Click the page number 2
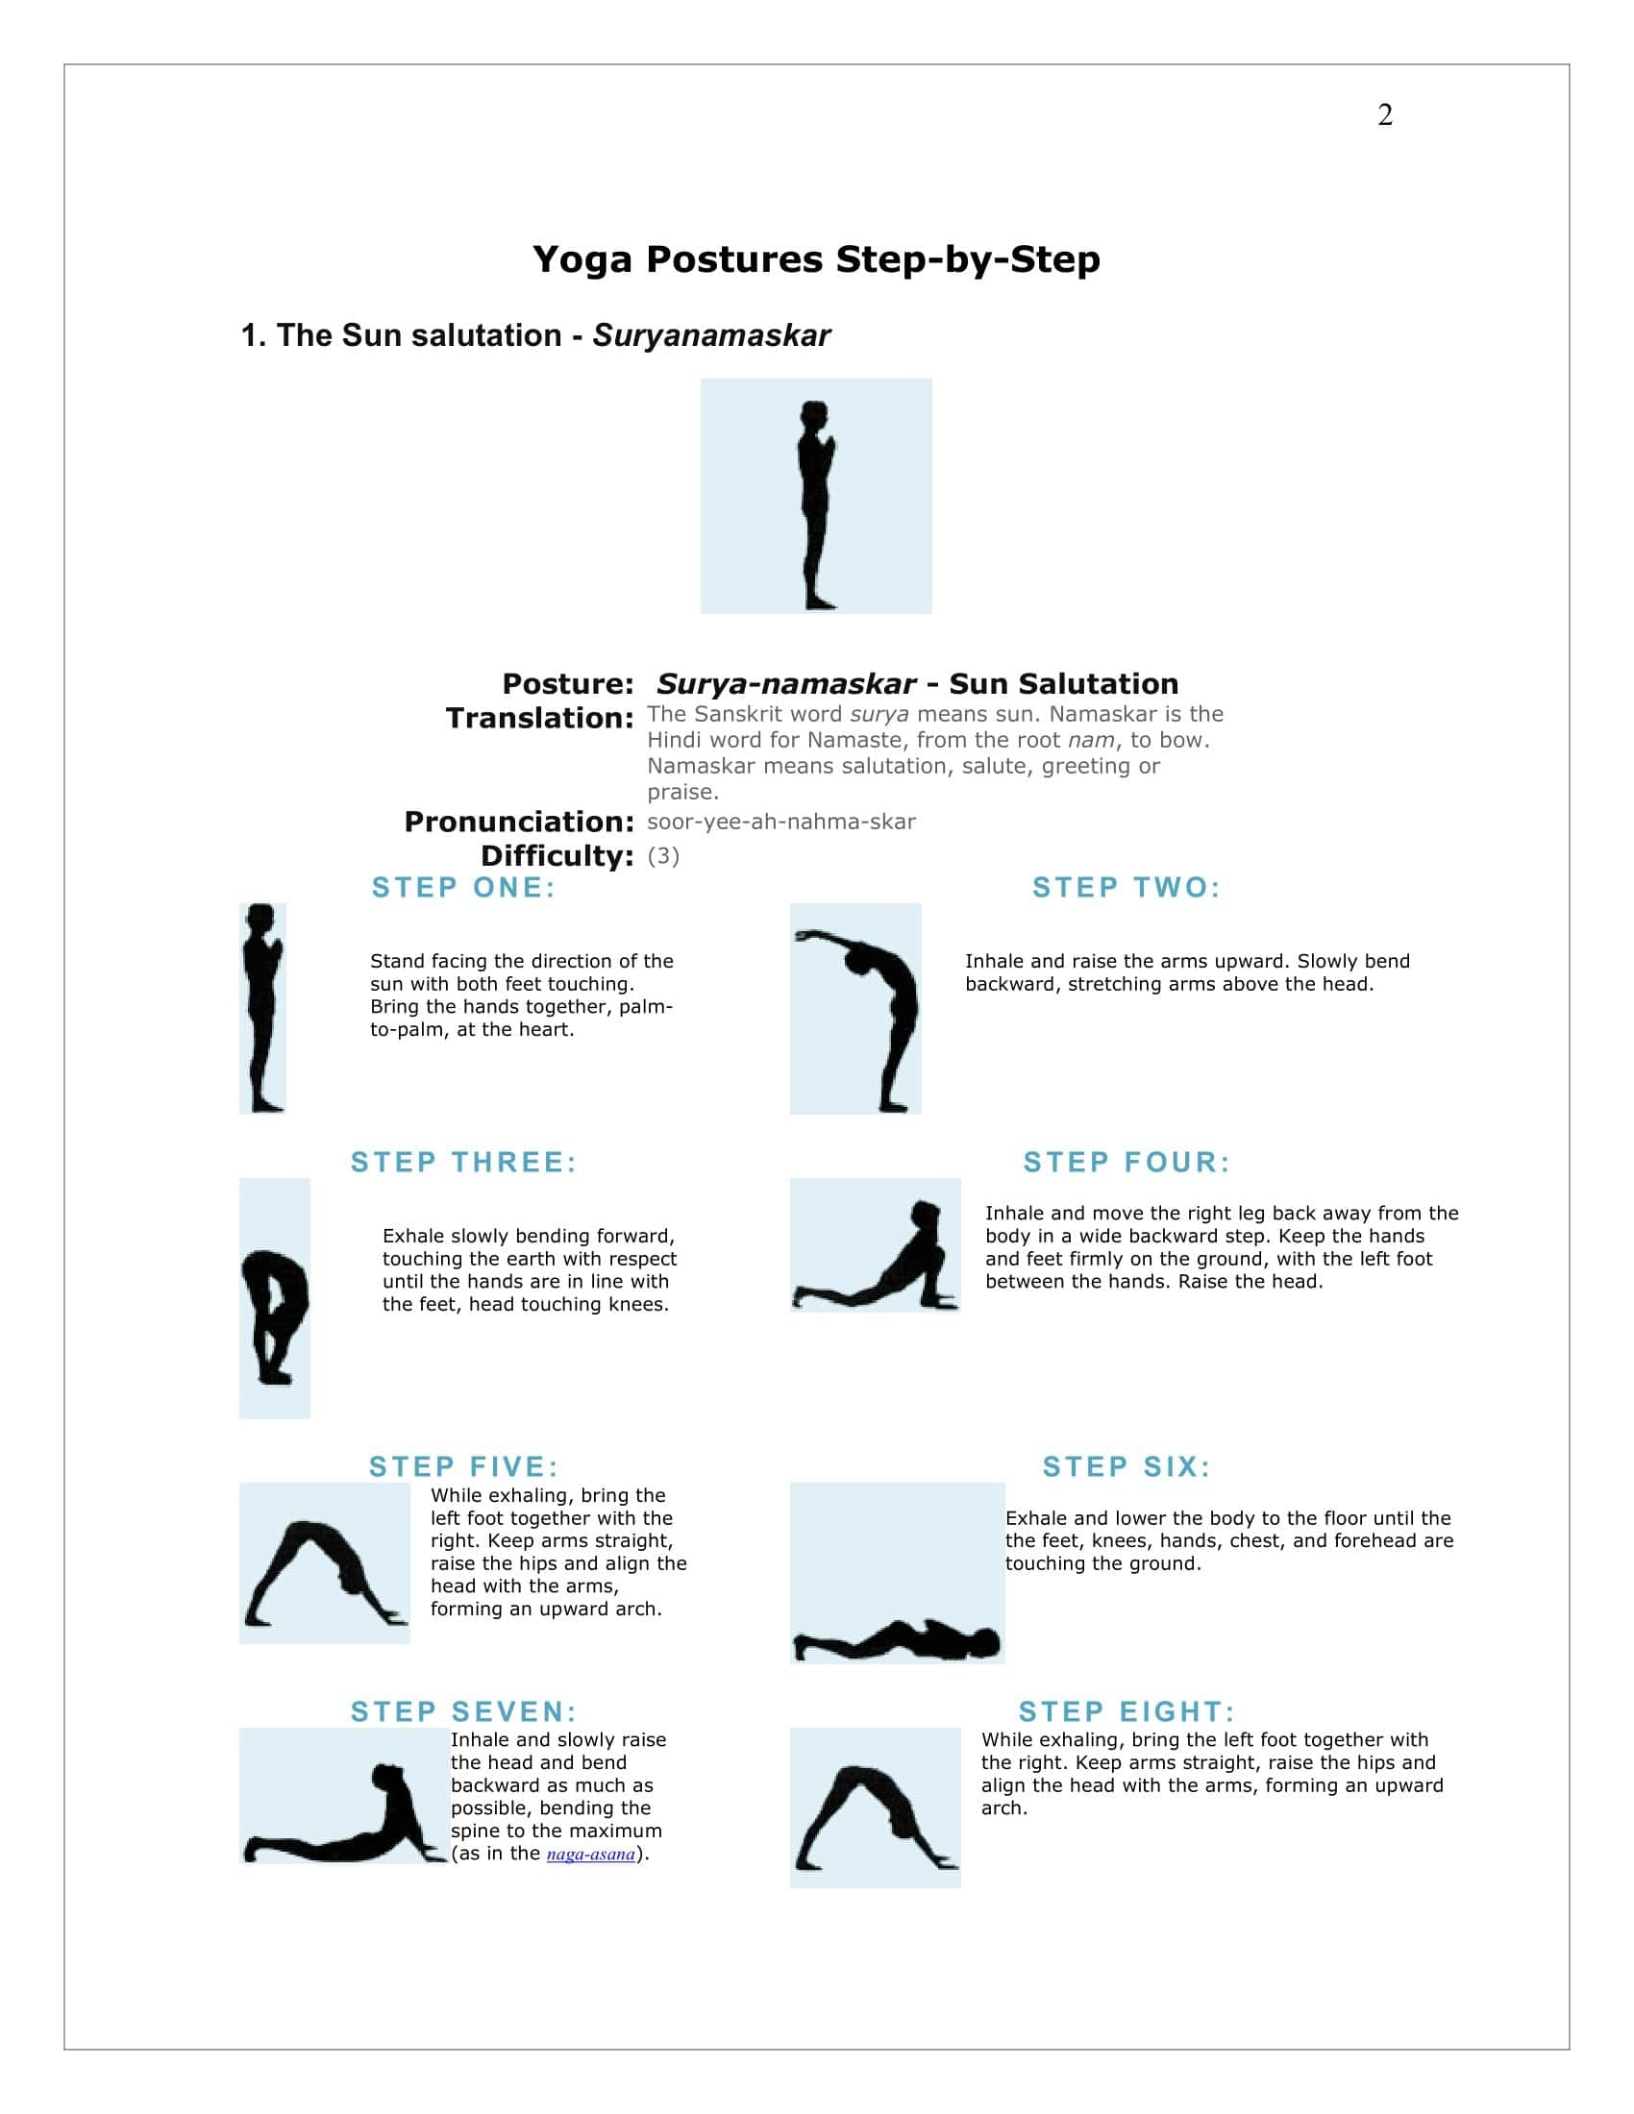[x=1384, y=115]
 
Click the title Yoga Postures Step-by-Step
[x=816, y=259]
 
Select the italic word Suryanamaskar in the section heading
[x=710, y=335]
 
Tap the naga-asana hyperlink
[x=590, y=1854]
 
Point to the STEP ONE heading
[x=463, y=888]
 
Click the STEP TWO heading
[x=1126, y=888]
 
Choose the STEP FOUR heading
[x=1126, y=1162]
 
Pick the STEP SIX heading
[x=1126, y=1466]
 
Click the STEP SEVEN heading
[x=463, y=1711]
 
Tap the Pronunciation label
[x=519, y=822]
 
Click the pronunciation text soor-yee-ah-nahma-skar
[x=781, y=822]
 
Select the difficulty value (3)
[x=663, y=855]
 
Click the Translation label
[x=539, y=718]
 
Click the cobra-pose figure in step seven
[x=359, y=1820]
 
